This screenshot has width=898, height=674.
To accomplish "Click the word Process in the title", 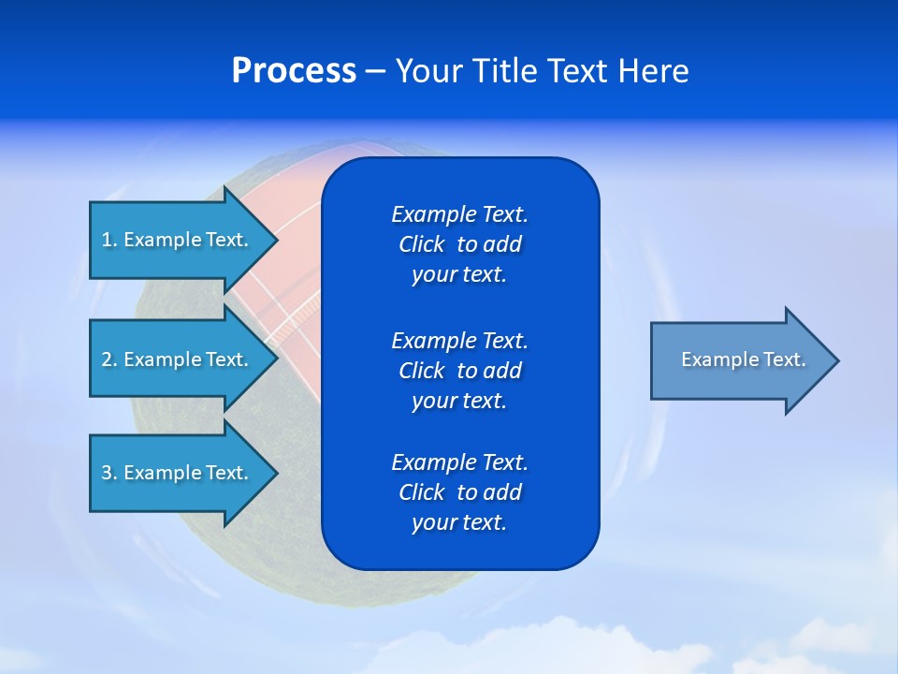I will [294, 71].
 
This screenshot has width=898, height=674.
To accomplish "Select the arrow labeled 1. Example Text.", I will [175, 240].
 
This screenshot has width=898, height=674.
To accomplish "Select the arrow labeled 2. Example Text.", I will [175, 359].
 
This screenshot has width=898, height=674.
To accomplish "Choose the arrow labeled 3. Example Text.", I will [175, 473].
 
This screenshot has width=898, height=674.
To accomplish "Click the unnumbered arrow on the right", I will [743, 359].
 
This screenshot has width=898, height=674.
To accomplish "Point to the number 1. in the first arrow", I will [109, 240].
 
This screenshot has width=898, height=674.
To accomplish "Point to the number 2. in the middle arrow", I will [109, 359].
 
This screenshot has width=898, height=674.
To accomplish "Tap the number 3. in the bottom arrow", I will [109, 473].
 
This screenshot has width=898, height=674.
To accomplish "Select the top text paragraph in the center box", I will [459, 244].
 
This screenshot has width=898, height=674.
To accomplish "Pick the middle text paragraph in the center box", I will [459, 370].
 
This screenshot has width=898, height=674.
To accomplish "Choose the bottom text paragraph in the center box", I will [459, 492].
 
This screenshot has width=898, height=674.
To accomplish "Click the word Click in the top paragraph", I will [422, 244].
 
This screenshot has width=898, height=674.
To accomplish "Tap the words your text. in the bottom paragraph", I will [459, 522].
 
